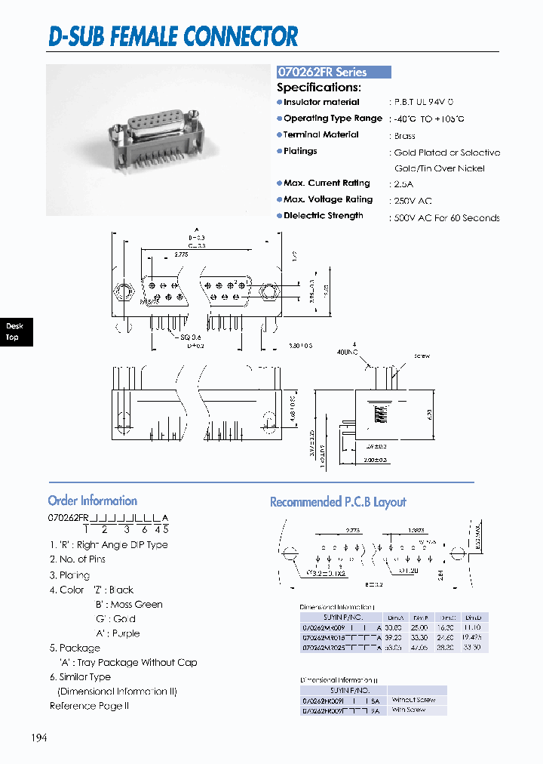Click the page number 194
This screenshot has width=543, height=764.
pyautogui.click(x=38, y=738)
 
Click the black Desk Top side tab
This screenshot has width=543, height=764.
pyautogui.click(x=14, y=331)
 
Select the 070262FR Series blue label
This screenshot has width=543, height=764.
pyautogui.click(x=333, y=72)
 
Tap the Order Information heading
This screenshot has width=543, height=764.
pyautogui.click(x=92, y=501)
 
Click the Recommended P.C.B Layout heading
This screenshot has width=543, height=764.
pyautogui.click(x=338, y=502)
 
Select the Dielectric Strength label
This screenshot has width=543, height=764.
pyautogui.click(x=323, y=216)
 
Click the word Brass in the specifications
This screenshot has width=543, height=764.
pyautogui.click(x=405, y=136)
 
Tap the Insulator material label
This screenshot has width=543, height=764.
pyautogui.click(x=321, y=102)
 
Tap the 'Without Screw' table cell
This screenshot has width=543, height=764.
pyautogui.click(x=413, y=700)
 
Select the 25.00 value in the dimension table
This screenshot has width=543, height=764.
pyautogui.click(x=419, y=627)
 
